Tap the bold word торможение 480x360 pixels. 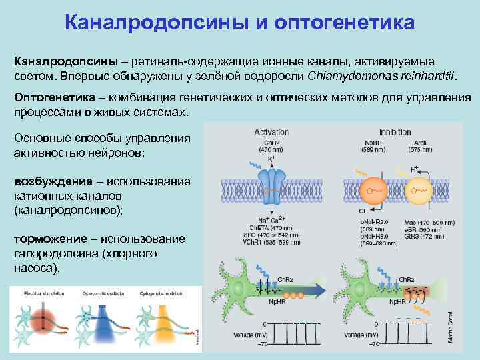50,239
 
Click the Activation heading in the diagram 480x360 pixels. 271,132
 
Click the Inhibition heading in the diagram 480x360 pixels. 395,132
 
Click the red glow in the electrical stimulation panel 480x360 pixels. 41,321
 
